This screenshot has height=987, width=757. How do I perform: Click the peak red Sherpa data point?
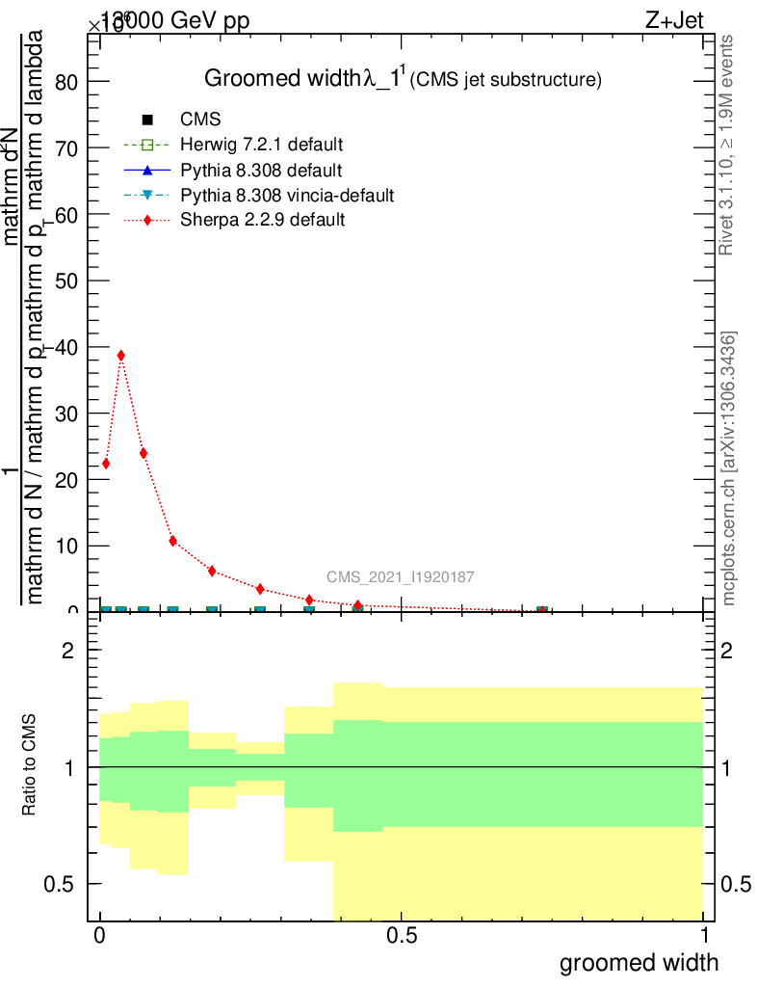click(x=121, y=355)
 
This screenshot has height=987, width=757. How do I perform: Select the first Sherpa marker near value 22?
click(x=106, y=464)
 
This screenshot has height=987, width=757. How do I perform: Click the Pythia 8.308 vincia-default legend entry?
click(x=287, y=196)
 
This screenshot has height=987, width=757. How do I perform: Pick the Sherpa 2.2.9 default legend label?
click(x=263, y=221)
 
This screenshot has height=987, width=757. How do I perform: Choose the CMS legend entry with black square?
click(x=200, y=120)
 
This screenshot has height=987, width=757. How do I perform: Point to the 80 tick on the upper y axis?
click(x=65, y=82)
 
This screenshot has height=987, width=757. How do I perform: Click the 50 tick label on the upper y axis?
click(x=65, y=280)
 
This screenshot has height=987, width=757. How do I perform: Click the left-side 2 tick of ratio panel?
click(x=68, y=651)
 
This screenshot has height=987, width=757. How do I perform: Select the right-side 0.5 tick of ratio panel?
click(x=736, y=884)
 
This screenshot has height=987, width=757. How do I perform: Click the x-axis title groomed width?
click(x=639, y=962)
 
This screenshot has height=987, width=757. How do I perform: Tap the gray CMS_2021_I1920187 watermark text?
click(x=400, y=576)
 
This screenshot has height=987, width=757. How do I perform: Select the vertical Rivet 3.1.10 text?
click(x=728, y=145)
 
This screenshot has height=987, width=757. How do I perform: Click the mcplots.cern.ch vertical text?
click(x=729, y=468)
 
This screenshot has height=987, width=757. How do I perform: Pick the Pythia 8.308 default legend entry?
click(x=261, y=171)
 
